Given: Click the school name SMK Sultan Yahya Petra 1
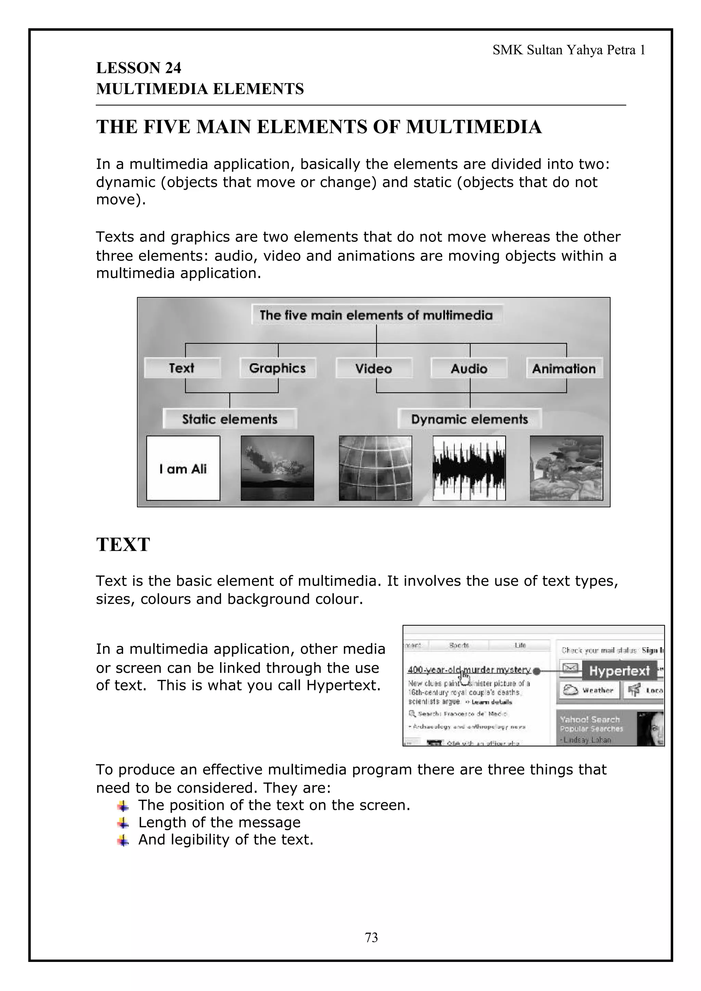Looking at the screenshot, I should coord(569,51).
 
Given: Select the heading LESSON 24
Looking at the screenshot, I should coord(139,68).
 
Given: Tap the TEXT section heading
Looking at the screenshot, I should coord(123,544).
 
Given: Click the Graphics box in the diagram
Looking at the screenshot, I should coord(277,368).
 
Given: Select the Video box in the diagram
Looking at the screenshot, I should coord(374,368).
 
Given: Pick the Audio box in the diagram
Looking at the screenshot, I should coord(469,368).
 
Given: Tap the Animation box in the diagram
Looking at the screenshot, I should coord(564,368).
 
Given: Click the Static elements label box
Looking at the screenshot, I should coord(230,419).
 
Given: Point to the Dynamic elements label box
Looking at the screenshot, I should coord(470,419).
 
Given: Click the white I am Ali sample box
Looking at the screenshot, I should coord(183,468).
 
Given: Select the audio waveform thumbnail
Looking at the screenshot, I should coord(469,468).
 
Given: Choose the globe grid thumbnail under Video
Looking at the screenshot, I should coord(375,468).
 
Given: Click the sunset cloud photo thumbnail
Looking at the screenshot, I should coord(277,468).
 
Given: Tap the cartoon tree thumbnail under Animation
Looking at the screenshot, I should coord(566,468).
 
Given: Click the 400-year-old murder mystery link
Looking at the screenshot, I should coord(469,670).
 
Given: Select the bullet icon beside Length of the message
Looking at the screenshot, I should coord(123,823).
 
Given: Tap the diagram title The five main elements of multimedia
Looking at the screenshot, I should coord(376,315).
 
